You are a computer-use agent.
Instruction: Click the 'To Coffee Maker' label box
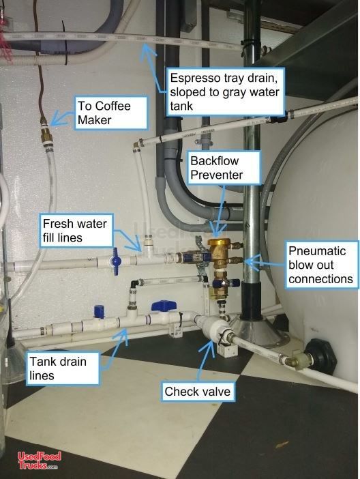coord(111,113)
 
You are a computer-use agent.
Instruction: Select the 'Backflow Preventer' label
coord(224,168)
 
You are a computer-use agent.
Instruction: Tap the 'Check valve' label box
coord(198,391)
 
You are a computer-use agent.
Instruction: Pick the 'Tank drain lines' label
coord(63,368)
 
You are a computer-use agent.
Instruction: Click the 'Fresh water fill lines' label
coord(76,231)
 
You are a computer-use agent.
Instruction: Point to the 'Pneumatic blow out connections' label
coord(322,265)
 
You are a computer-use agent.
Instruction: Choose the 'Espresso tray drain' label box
coord(226,92)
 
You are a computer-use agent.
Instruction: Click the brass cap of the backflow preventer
coord(218,242)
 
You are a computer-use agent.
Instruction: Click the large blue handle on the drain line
coord(164,306)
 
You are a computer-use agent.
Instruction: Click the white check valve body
coord(210,328)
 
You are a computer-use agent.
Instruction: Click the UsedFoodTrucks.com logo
coord(39,461)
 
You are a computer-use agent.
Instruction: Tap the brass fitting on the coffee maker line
coord(46,135)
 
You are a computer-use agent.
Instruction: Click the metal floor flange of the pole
coord(260,332)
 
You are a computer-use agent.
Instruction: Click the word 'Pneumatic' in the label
coord(317,251)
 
